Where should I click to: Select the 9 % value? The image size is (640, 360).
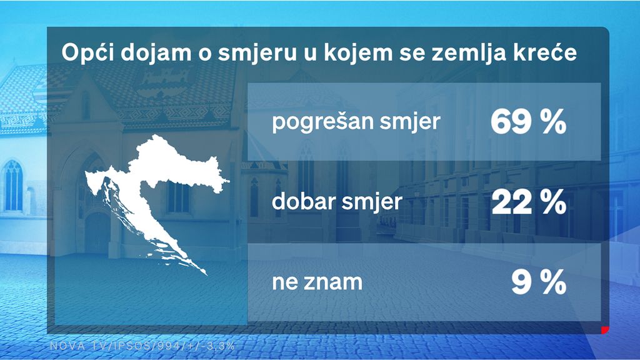pos(538,283)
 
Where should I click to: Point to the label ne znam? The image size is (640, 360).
pos(317,282)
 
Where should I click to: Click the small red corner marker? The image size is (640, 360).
pos(604,329)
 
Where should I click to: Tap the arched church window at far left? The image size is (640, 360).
pos(13,185)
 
